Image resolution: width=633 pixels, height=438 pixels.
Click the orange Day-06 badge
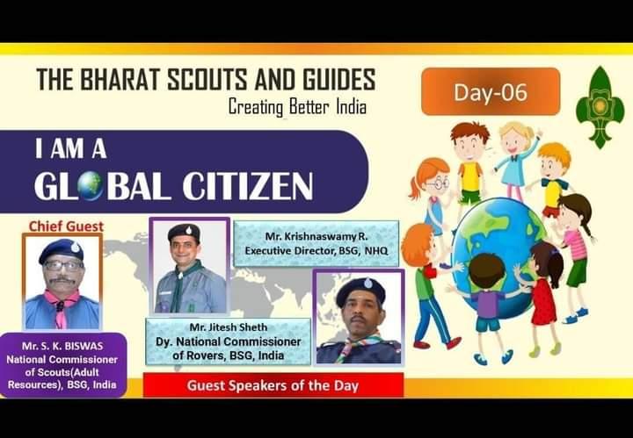(x=491, y=92)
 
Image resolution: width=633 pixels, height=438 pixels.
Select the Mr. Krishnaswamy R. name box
(x=316, y=243)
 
